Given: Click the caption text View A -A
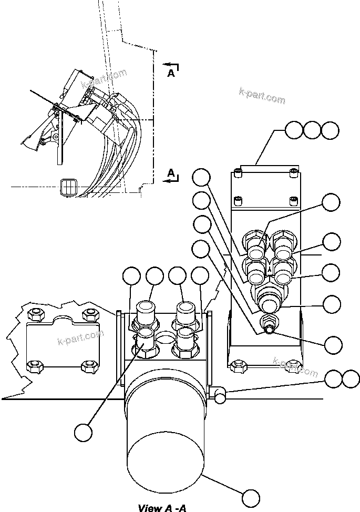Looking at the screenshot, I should tap(161, 507).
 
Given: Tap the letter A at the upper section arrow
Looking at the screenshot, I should tap(171, 74).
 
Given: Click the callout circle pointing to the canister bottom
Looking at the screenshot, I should tap(251, 497).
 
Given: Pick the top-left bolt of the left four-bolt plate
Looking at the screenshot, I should tap(35, 315).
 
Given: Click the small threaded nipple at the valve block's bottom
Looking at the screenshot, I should tap(270, 328).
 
